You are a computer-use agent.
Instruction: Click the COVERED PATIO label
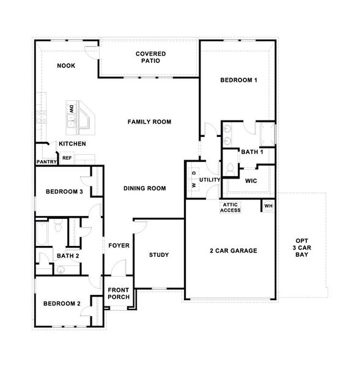tap(150, 57)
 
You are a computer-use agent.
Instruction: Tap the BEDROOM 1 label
tap(238, 80)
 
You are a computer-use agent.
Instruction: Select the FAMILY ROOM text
tap(149, 122)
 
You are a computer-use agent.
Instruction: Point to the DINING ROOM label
tap(145, 188)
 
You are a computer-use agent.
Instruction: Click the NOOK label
tap(66, 65)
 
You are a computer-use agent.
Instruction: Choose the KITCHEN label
tap(72, 144)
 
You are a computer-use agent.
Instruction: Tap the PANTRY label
tap(46, 162)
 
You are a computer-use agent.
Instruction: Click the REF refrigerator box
tap(67, 158)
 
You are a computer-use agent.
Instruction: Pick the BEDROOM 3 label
tap(64, 192)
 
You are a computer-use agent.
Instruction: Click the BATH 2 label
tap(68, 255)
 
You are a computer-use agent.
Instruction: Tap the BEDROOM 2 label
tap(61, 303)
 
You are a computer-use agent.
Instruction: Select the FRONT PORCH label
tap(119, 294)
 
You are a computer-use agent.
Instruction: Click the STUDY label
tap(159, 255)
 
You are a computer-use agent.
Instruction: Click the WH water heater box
tap(268, 206)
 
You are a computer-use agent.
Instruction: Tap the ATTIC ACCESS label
tap(231, 207)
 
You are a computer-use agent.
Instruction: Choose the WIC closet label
tap(251, 181)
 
